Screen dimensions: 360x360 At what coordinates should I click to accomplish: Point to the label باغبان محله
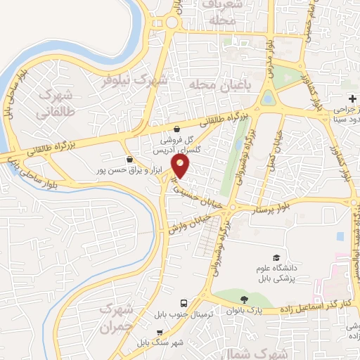tap(217, 86)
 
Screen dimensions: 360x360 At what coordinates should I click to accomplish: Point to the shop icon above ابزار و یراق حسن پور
tap(129, 160)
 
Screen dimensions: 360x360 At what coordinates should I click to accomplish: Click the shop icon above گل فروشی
tap(176, 129)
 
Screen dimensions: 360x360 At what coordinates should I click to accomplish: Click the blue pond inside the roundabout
tap(268, 99)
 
